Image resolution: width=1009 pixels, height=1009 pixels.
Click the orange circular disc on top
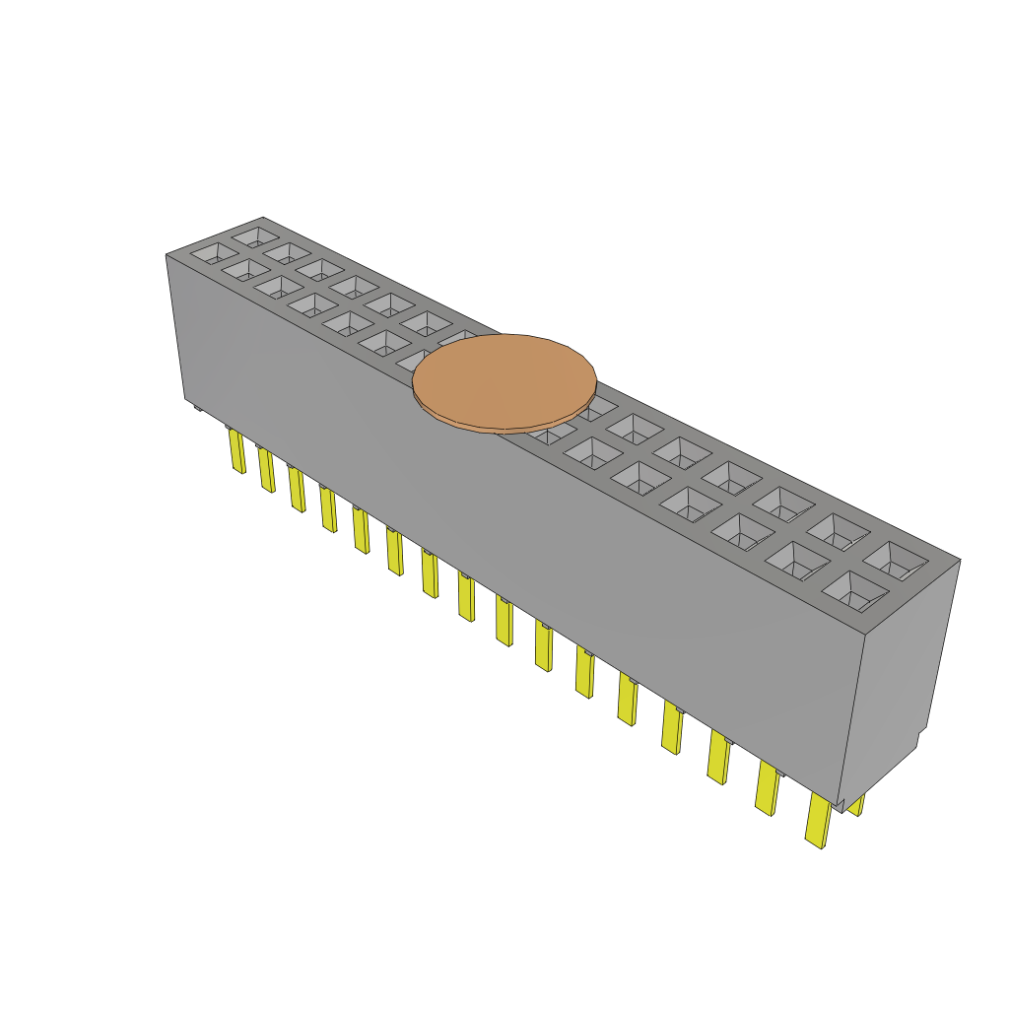click(x=504, y=380)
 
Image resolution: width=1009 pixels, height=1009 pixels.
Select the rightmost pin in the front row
click(x=818, y=820)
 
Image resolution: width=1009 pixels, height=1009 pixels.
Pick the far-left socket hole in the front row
click(x=208, y=253)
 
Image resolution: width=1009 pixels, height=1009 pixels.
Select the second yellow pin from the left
click(x=266, y=470)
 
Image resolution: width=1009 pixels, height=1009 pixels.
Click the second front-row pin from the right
click(x=767, y=788)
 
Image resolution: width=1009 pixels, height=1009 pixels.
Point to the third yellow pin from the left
click(x=297, y=490)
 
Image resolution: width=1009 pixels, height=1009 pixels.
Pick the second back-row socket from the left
click(x=287, y=252)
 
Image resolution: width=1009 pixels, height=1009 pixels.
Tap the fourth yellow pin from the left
click(x=328, y=507)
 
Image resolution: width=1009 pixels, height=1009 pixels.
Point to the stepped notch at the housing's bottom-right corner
click(x=918, y=739)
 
